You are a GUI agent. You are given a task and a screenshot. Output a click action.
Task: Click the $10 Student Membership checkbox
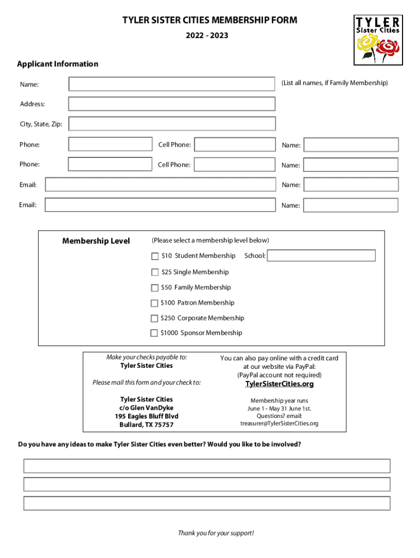click(155, 256)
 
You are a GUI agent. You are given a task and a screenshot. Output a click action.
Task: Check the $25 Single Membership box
click(155, 272)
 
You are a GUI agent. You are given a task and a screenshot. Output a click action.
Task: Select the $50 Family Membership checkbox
click(154, 288)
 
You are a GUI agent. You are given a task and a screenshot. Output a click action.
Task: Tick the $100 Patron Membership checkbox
click(154, 303)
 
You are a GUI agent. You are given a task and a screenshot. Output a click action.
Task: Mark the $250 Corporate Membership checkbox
click(154, 318)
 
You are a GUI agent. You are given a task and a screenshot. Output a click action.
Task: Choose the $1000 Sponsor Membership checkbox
click(154, 333)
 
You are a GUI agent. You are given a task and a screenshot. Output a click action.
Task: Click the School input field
click(321, 256)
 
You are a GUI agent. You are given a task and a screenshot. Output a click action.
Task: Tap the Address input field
click(171, 104)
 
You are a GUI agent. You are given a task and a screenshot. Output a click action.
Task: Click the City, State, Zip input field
click(171, 124)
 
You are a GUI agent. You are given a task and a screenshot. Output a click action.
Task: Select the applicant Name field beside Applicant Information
click(171, 84)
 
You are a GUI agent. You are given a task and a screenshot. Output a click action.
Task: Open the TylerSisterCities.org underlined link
click(279, 384)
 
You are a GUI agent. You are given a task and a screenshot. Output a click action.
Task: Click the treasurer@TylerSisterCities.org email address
click(279, 423)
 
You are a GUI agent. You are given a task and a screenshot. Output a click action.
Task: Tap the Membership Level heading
click(96, 241)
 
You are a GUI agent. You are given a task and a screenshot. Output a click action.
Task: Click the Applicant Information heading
click(58, 64)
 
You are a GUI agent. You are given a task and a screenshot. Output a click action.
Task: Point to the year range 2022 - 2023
click(210, 36)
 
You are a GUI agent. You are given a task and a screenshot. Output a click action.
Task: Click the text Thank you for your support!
click(216, 533)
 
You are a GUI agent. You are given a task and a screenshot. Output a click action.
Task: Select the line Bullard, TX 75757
click(147, 425)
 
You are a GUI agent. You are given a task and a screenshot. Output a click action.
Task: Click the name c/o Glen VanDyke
click(147, 408)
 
